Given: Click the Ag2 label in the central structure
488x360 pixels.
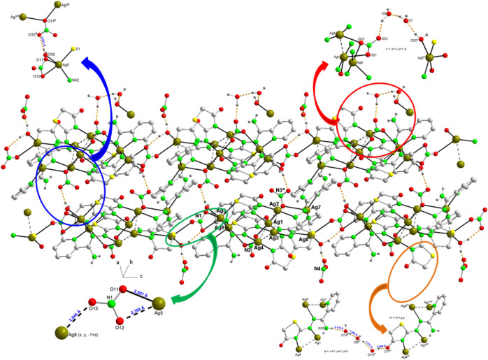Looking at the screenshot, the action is coord(273,204).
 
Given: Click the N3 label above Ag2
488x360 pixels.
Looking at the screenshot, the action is coord(279,190).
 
